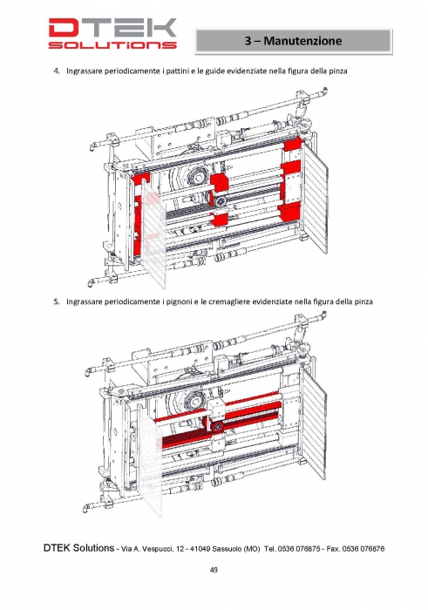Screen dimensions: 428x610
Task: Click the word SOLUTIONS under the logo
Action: click(x=112, y=44)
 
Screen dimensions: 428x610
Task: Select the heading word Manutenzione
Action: click(x=302, y=40)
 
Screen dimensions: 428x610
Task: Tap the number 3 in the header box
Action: click(x=248, y=40)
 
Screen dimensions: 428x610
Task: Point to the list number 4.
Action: click(x=57, y=71)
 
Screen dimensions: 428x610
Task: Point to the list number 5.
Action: click(x=57, y=302)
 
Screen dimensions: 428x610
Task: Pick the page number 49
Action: click(x=214, y=570)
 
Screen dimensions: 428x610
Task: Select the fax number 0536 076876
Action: click(x=363, y=549)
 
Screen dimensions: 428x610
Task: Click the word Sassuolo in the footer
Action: click(x=227, y=549)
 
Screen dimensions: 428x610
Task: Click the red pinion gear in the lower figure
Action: click(x=217, y=426)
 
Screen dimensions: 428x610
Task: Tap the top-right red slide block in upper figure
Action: click(x=293, y=145)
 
